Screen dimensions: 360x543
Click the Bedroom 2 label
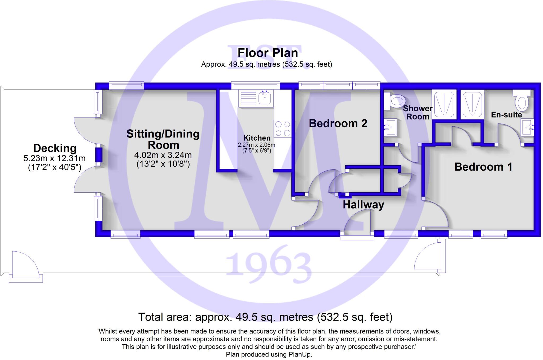point(338,123)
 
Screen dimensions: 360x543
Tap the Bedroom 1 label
point(483,167)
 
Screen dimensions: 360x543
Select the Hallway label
point(363,205)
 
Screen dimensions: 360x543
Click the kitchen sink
point(264,98)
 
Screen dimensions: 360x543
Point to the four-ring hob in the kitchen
point(282,128)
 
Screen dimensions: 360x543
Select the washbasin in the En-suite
point(527,127)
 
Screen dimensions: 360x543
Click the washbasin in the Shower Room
point(390,127)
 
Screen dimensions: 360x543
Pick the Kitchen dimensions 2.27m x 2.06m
point(256,145)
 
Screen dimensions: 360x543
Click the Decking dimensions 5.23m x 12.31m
point(54,158)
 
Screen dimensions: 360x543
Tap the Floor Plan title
point(268,53)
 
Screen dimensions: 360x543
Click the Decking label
point(55,148)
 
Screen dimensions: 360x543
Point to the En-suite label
point(506,115)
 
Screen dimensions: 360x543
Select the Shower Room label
point(418,113)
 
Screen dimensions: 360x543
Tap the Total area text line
point(265,317)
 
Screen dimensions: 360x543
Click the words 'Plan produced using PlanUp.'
point(269,354)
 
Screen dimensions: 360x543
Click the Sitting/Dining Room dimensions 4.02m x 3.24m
point(163,155)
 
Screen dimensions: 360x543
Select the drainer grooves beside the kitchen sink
point(248,98)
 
